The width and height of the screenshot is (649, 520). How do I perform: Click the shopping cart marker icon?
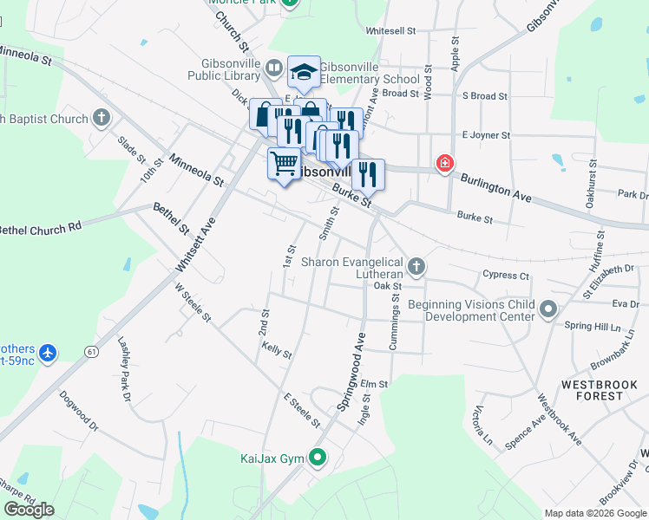point(284,162)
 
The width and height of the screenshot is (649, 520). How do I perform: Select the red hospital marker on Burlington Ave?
point(445,163)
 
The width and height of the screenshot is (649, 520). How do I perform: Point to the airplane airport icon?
point(47,352)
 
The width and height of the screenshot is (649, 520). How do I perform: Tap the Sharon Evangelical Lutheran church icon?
point(416,266)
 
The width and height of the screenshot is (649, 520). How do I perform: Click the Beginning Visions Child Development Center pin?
point(547,309)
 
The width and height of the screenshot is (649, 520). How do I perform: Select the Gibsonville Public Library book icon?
point(274,67)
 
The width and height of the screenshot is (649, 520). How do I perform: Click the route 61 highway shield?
point(91,352)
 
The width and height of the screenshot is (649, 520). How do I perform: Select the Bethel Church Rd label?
point(40,228)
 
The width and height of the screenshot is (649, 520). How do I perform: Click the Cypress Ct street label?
point(506,276)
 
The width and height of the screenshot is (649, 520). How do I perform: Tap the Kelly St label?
point(276,349)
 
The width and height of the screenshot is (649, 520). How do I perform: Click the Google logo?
point(29,510)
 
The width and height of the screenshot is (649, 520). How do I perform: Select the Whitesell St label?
point(390,30)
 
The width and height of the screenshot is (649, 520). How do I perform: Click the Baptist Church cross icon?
point(102,118)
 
